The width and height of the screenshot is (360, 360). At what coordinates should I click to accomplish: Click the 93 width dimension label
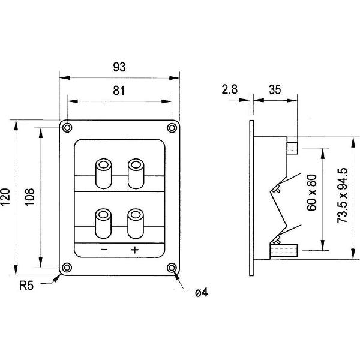(119, 67)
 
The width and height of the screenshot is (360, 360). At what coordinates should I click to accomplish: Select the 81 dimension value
(119, 91)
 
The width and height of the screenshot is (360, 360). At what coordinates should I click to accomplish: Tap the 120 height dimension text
(5, 197)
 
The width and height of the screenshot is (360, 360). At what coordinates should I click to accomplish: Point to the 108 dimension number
(29, 197)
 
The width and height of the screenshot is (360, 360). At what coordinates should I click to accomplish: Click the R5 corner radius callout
(26, 286)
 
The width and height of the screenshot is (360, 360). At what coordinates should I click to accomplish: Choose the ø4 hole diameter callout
(202, 293)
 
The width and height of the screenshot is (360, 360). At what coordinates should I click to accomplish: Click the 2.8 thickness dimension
(230, 89)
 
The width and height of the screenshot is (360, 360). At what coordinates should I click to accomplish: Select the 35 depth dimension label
(275, 89)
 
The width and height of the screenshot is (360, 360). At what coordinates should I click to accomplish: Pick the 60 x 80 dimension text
(311, 193)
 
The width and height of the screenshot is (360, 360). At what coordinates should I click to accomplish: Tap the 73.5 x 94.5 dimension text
(343, 196)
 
